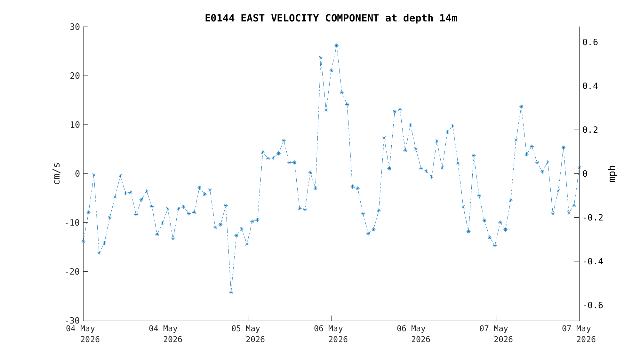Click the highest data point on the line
coord(336,45)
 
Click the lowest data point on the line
coord(231,292)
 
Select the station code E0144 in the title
coord(220,18)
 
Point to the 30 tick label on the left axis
coord(75,27)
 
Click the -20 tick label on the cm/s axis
coord(72,272)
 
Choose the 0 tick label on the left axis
coord(77,174)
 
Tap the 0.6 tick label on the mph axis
coord(590,42)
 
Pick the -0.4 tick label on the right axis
coord(593,261)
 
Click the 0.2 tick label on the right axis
coord(590,130)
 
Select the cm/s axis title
coord(57,173)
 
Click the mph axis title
coord(612,174)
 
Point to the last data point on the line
coord(579,168)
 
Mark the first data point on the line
coord(83,241)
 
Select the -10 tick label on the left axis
coord(72,223)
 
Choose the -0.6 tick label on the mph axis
coord(593,305)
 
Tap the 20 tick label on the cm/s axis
coord(75,76)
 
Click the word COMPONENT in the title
coord(352,18)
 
